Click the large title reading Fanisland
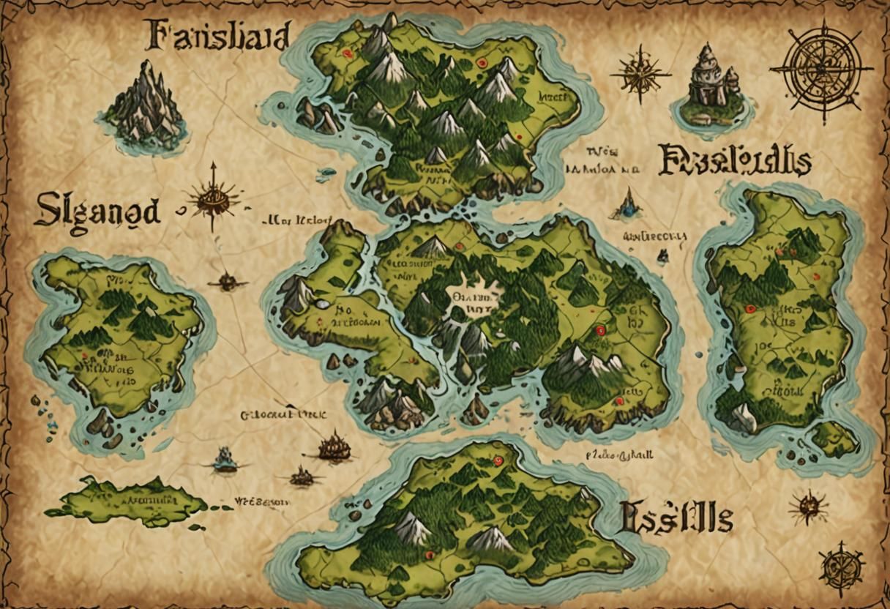[x=218, y=34]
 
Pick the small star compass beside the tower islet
[x=640, y=72]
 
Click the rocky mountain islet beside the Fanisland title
[x=146, y=105]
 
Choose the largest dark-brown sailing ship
[x=334, y=446]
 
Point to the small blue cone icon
[x=627, y=204]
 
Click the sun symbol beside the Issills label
[x=809, y=506]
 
